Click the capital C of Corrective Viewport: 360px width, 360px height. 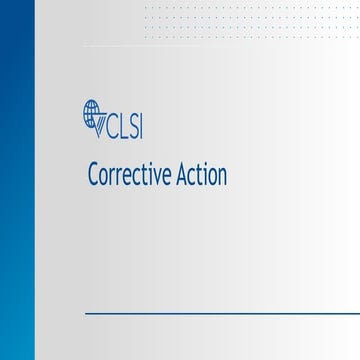pyautogui.click(x=93, y=176)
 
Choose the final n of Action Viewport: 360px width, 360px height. pyautogui.click(x=222, y=178)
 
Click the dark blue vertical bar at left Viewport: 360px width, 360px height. pyautogui.click(x=17, y=180)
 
